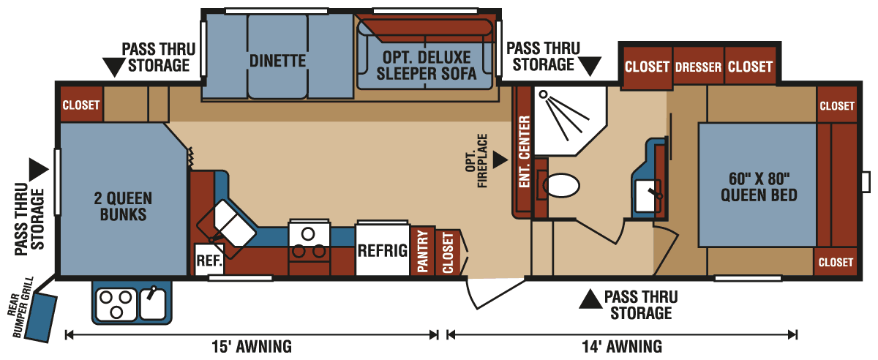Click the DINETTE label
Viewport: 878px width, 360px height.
click(277, 61)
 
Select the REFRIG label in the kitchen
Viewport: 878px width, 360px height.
click(382, 250)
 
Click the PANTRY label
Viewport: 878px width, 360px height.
click(422, 252)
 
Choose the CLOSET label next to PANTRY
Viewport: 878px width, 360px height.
click(448, 252)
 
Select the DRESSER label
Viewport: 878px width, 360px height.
click(698, 67)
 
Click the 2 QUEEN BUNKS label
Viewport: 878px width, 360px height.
click(123, 206)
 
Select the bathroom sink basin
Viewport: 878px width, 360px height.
click(648, 194)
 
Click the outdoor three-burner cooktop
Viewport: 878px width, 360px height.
click(116, 302)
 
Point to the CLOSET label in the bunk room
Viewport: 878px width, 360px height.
click(80, 105)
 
